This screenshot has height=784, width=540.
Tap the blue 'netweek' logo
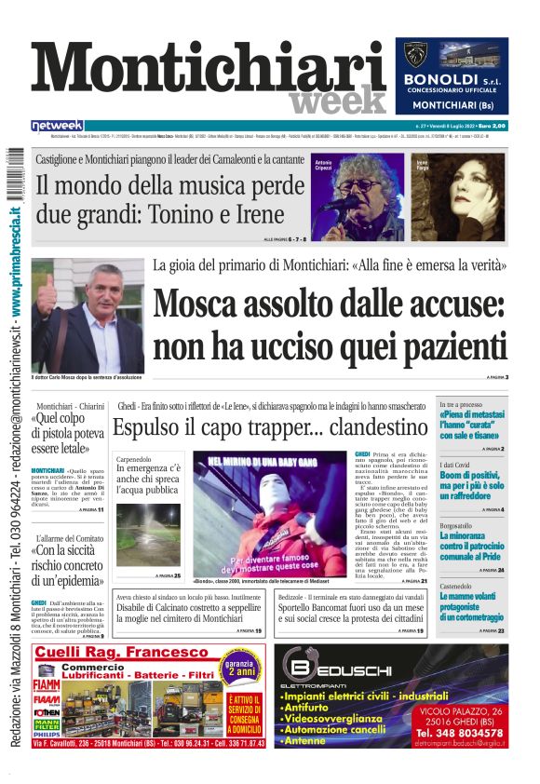58,125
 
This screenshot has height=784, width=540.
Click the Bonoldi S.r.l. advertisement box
452,76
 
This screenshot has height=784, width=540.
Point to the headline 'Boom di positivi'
473,476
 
